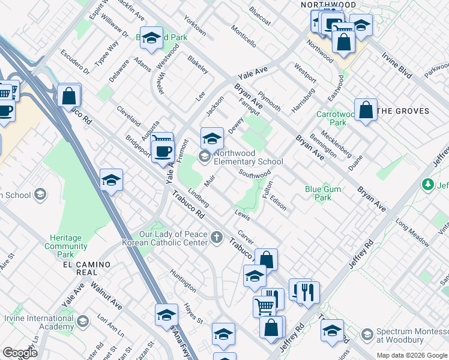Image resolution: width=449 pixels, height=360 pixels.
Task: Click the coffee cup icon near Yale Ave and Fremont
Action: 162,150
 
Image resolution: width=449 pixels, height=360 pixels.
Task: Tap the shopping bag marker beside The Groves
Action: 366,110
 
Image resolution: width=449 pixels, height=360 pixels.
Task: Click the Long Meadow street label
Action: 412,233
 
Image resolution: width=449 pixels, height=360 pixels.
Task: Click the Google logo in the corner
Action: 20,353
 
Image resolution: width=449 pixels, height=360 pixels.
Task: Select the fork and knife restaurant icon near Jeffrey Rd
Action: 307,292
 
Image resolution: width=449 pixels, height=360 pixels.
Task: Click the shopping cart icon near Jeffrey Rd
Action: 264,306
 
